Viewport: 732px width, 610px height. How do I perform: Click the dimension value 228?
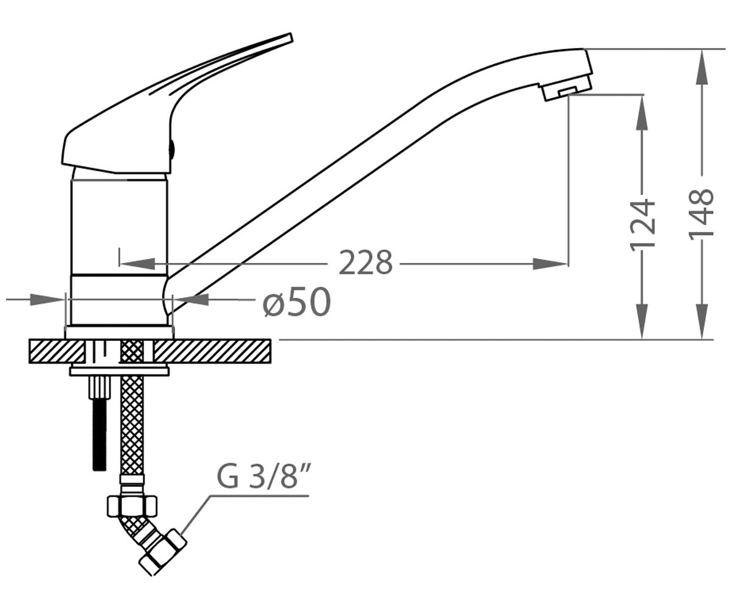365,263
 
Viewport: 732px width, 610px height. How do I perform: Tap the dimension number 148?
701,215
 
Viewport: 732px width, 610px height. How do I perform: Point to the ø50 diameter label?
296,302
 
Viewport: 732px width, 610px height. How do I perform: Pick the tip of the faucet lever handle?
291,34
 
